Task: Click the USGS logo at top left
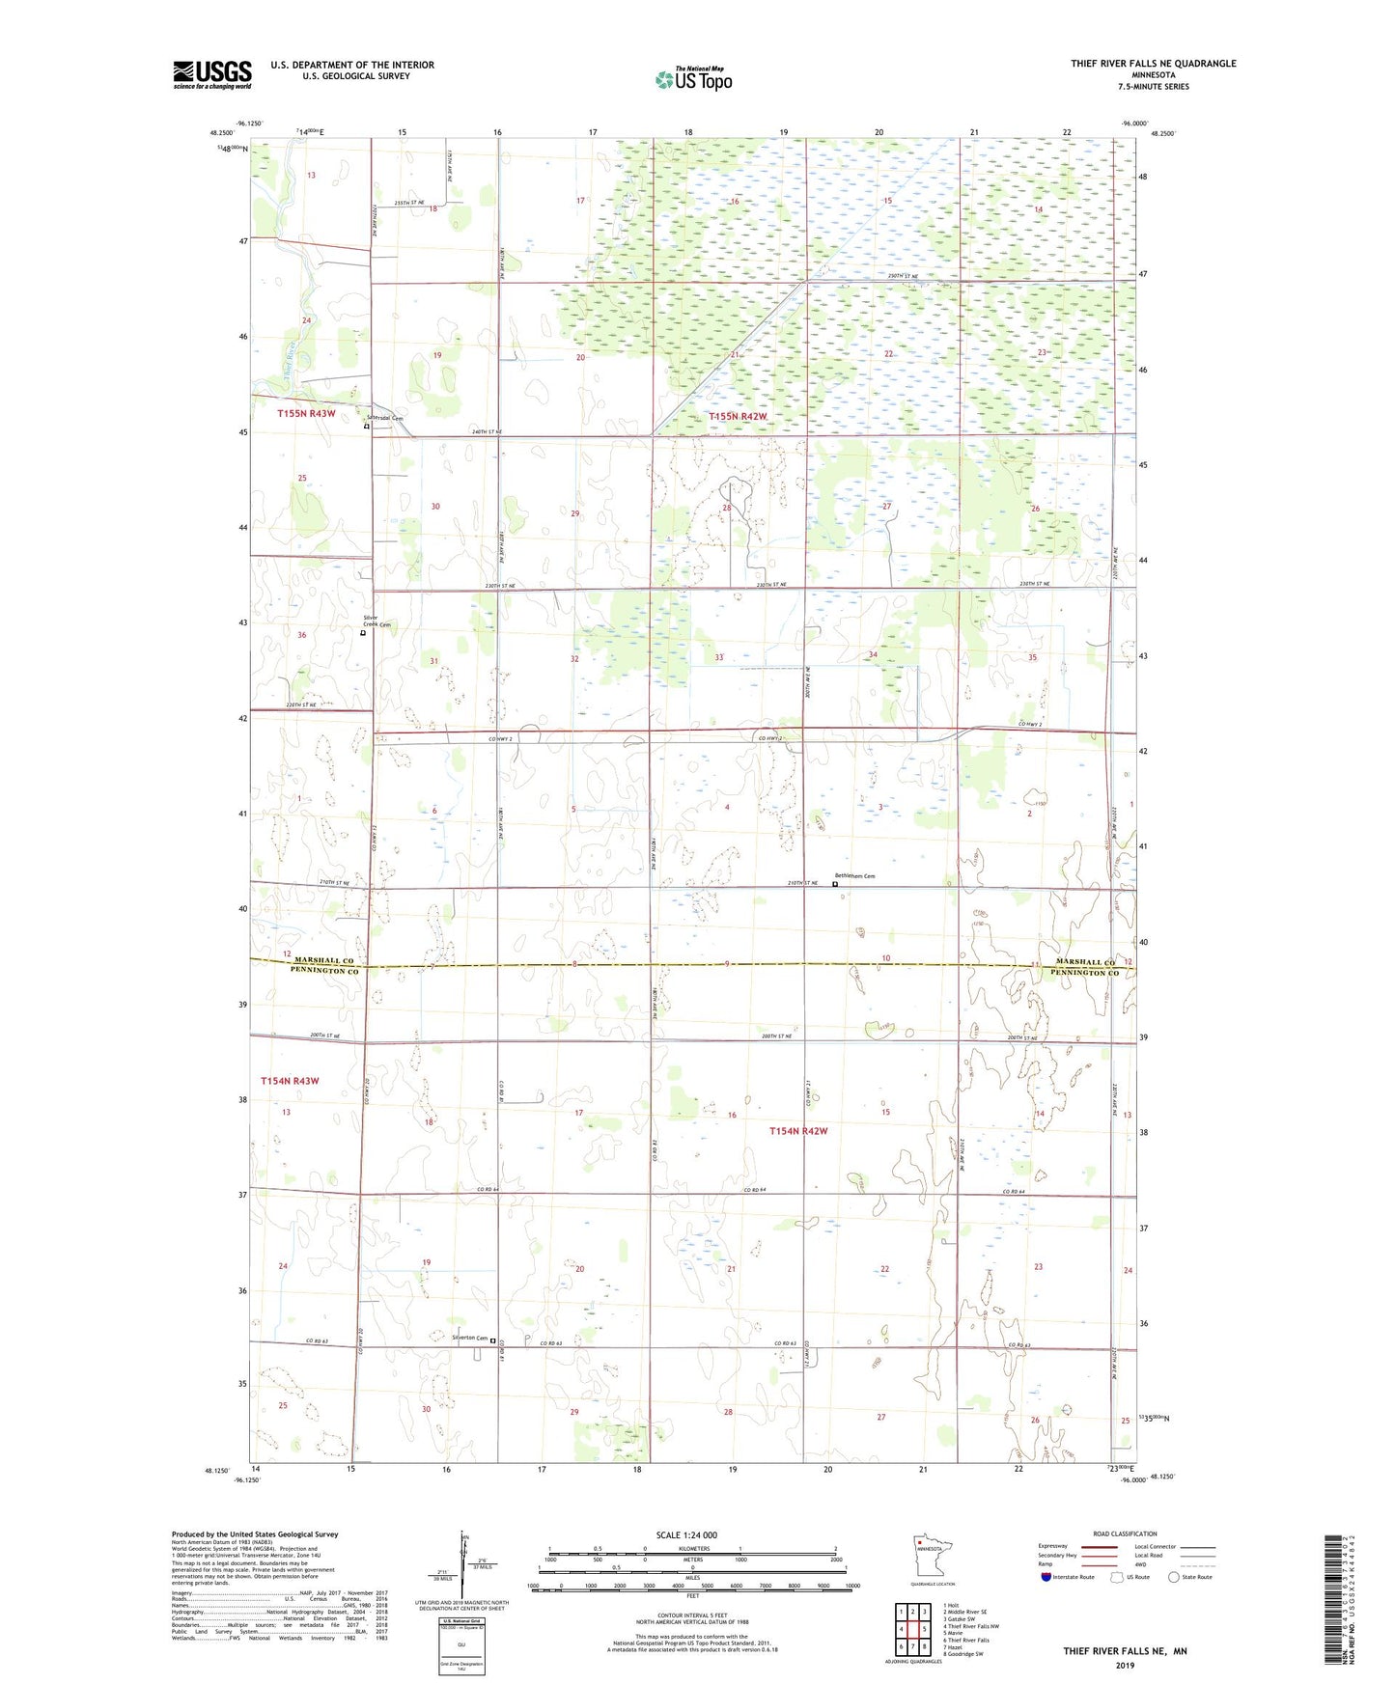coord(212,74)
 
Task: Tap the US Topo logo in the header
coord(693,79)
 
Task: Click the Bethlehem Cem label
coord(854,876)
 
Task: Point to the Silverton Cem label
coord(470,1338)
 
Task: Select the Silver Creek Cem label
coord(377,622)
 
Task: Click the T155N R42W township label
coord(738,417)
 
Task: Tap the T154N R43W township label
coord(290,1081)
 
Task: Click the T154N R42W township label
coord(798,1131)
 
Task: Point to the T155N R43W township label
coord(306,413)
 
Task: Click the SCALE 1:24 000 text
coord(686,1534)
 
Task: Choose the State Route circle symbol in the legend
coord(1174,1577)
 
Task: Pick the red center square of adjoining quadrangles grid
coord(912,1628)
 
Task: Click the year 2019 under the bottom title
coord(1125,1665)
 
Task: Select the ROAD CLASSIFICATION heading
coord(1125,1533)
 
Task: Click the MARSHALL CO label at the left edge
coord(324,961)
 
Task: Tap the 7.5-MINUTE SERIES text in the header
coord(1153,87)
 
